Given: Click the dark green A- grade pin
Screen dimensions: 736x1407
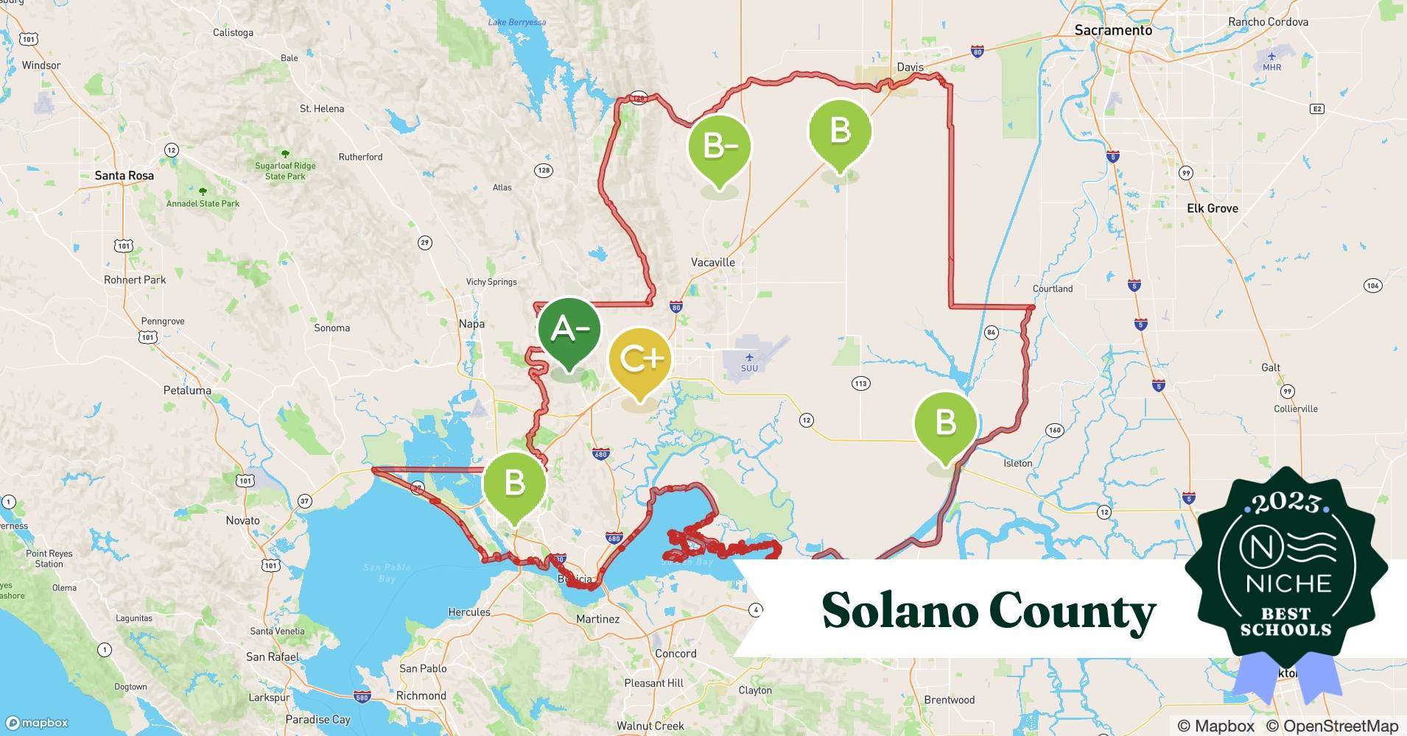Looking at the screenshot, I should coord(569,330).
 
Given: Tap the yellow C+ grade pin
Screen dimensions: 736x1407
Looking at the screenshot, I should coord(639,359).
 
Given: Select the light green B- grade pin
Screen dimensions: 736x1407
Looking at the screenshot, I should coord(720,146).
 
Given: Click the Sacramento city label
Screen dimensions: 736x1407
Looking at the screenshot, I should coord(1112,30).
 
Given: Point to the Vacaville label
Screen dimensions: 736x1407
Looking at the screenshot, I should coord(712,262).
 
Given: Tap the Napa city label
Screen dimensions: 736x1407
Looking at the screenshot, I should coord(471,324).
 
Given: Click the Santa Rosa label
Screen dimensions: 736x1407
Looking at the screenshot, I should coord(124,175).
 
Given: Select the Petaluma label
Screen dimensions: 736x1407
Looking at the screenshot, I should coord(187,390).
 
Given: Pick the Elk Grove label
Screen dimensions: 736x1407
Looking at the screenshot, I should coord(1212,208).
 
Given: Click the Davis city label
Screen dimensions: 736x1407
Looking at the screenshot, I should coord(910,67).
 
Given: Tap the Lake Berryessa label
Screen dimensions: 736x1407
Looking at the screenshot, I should coord(516,22).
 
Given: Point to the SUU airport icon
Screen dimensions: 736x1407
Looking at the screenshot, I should coord(749,358).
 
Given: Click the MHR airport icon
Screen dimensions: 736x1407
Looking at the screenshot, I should coord(1271,57).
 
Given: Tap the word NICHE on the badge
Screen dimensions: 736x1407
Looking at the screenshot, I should coord(1288,584).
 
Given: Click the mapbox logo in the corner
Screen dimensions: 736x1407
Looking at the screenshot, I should coord(37,723).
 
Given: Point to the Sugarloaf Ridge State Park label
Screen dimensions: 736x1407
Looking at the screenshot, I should coord(285,171).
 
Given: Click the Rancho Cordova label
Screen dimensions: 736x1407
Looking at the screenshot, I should coord(1268,22).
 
